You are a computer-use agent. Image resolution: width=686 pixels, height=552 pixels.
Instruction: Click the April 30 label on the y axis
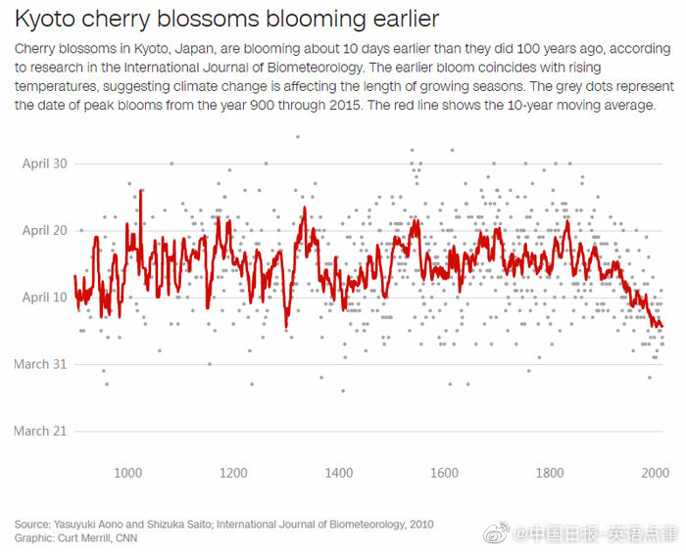pyautogui.click(x=45, y=163)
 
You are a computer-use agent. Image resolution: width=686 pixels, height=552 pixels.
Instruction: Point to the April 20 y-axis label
pyautogui.click(x=45, y=230)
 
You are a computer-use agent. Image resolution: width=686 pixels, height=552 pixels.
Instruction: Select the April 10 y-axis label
pyautogui.click(x=45, y=298)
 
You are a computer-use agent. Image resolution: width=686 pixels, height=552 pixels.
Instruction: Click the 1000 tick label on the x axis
pyautogui.click(x=128, y=473)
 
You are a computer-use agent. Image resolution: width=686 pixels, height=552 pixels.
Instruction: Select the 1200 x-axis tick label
pyautogui.click(x=233, y=473)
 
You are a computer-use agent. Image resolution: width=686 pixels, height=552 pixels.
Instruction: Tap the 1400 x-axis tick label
pyautogui.click(x=339, y=473)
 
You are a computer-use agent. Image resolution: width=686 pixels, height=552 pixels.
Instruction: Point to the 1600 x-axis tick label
pyautogui.click(x=445, y=473)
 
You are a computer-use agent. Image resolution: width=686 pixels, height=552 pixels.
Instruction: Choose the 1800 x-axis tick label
pyautogui.click(x=550, y=473)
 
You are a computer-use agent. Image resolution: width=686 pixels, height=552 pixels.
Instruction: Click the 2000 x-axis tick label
pyautogui.click(x=654, y=473)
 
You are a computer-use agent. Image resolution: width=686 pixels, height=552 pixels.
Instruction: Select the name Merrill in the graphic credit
pyautogui.click(x=95, y=537)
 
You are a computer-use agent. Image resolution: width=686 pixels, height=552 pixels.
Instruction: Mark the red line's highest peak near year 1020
pyautogui.click(x=141, y=191)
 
